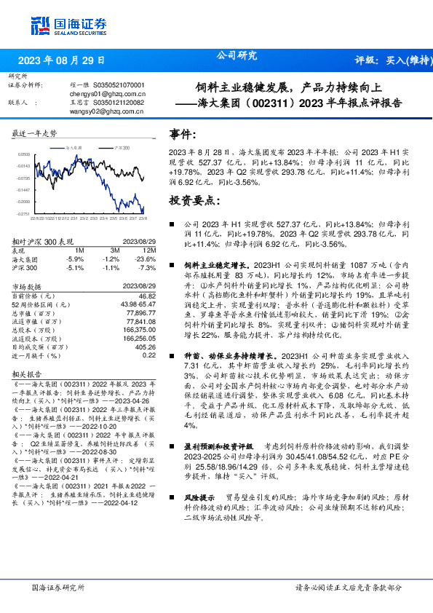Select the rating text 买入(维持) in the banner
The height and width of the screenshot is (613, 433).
(x=405, y=60)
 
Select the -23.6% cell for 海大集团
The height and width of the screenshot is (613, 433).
(x=146, y=258)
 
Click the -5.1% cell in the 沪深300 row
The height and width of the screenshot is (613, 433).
(x=76, y=266)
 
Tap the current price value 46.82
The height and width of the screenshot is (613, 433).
(x=148, y=296)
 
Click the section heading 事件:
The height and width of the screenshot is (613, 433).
(x=183, y=135)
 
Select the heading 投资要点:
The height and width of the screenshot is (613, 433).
(x=192, y=199)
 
